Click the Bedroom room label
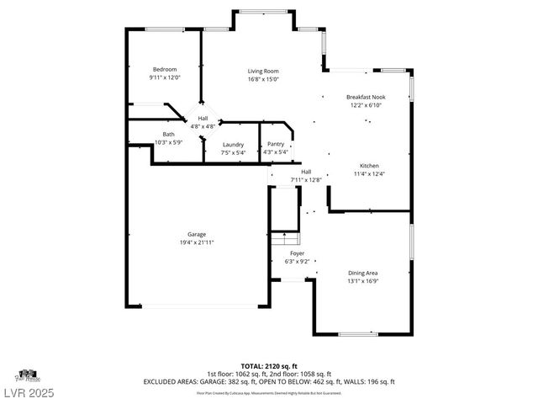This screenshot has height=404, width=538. point(165,69)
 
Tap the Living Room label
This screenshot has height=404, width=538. point(263,71)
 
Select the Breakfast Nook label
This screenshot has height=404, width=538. point(365,98)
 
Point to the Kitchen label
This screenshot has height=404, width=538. point(369,166)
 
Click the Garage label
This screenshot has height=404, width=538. point(197,235)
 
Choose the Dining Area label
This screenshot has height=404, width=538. point(363,273)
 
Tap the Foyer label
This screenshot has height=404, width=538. point(298,253)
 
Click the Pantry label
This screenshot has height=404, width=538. point(276,144)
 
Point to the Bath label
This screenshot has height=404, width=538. point(169,134)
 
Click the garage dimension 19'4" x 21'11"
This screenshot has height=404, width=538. point(197,242)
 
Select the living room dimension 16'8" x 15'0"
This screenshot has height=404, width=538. point(263,79)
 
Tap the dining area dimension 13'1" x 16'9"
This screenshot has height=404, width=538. point(363,281)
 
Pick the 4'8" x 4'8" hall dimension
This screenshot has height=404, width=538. point(203,126)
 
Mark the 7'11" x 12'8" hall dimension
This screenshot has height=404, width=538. point(306,179)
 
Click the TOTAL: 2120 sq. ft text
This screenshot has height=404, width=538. point(269,366)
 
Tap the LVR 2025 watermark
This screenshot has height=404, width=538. point(29,391)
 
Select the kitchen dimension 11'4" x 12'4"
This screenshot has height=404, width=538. point(369,174)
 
